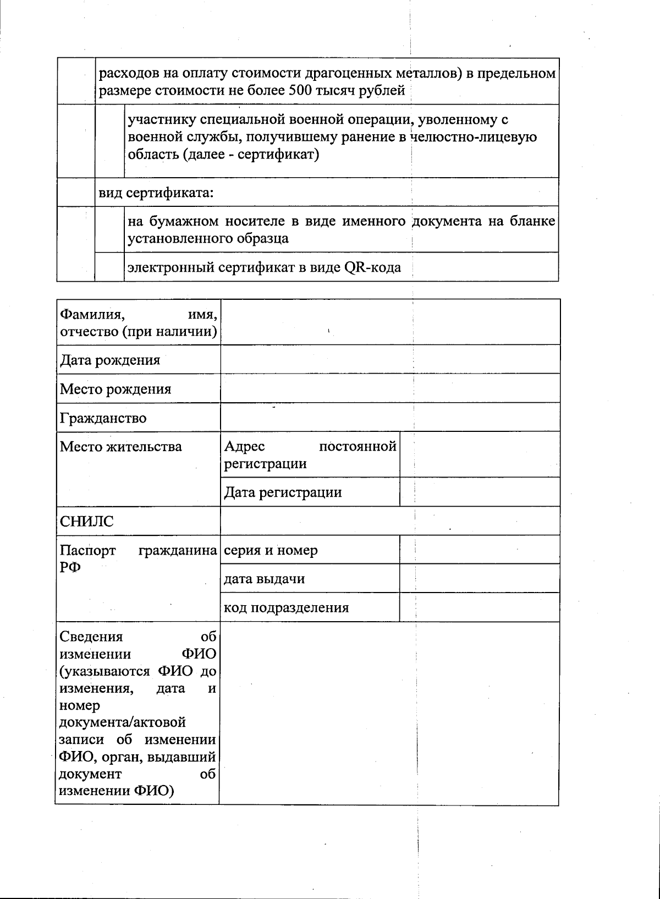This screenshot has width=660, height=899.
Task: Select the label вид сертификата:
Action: pyautogui.click(x=156, y=193)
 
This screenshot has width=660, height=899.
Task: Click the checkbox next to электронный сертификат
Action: pyautogui.click(x=109, y=267)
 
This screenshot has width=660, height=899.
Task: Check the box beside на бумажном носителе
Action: pyautogui.click(x=109, y=229)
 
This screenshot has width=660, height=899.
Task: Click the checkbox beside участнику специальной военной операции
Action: pyautogui.click(x=109, y=141)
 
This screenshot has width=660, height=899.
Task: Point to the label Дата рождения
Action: pyautogui.click(x=110, y=360)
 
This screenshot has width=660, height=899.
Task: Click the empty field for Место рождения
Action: pyautogui.click(x=390, y=388)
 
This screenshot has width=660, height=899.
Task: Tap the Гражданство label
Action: pyautogui.click(x=103, y=418)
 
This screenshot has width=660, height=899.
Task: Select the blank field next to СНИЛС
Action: pyautogui.click(x=390, y=521)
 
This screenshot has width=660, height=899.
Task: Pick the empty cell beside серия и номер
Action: pyautogui.click(x=479, y=550)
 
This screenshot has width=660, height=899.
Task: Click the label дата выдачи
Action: pyautogui.click(x=264, y=579)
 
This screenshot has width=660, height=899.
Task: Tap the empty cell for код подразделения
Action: pyautogui.click(x=479, y=607)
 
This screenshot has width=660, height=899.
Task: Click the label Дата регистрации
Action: pyautogui.click(x=283, y=492)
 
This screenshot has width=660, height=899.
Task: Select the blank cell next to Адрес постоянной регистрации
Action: pyautogui.click(x=479, y=455)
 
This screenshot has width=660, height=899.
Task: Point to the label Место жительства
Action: pyautogui.click(x=120, y=446)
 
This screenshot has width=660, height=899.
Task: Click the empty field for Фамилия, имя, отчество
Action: pyautogui.click(x=390, y=322)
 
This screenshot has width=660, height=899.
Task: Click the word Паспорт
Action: pyautogui.click(x=88, y=551)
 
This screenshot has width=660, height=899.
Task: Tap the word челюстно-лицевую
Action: pyautogui.click(x=475, y=137)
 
